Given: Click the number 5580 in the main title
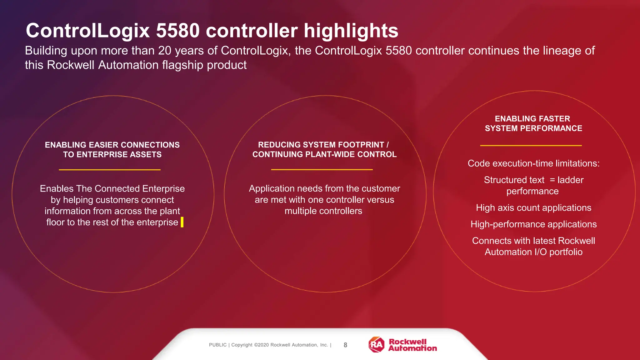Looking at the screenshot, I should pyautogui.click(x=177, y=31).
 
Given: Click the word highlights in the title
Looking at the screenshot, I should pyautogui.click(x=351, y=31).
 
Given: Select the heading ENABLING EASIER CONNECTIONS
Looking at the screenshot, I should pyautogui.click(x=112, y=145).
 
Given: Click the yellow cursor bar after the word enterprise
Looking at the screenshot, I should pyautogui.click(x=182, y=222).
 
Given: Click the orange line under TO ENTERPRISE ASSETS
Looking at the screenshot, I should pyautogui.click(x=110, y=170).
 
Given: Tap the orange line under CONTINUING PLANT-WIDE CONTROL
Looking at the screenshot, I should pyautogui.click(x=322, y=169).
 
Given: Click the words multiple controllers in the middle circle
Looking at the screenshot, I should pyautogui.click(x=323, y=211).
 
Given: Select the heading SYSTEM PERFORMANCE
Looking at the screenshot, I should pyautogui.click(x=533, y=128).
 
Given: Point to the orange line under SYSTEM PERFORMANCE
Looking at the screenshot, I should pyautogui.click(x=531, y=145).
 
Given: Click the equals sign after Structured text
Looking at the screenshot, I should pyautogui.click(x=552, y=180).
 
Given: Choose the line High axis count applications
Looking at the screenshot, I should pyautogui.click(x=533, y=208).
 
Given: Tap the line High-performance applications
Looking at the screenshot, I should pyautogui.click(x=533, y=224).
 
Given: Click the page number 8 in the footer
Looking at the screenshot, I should pyautogui.click(x=345, y=345).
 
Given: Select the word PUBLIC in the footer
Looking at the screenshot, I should pyautogui.click(x=218, y=345).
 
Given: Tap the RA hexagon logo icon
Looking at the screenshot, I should pyautogui.click(x=377, y=344).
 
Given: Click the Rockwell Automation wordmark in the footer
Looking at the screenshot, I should pyautogui.click(x=412, y=345).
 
